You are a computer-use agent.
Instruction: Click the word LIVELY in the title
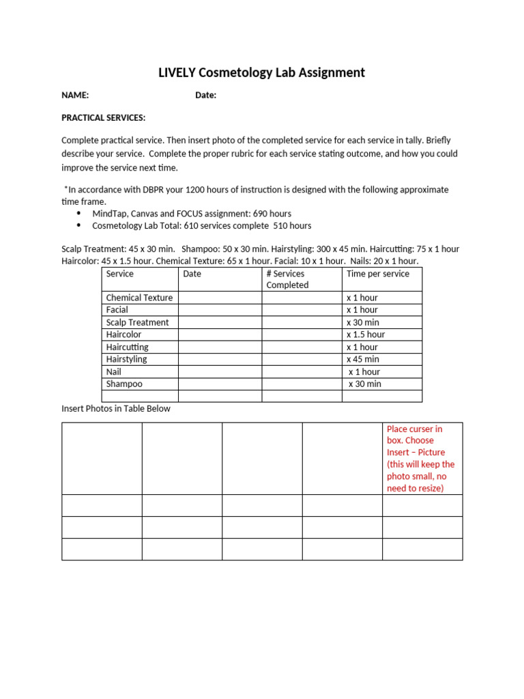[x=177, y=73]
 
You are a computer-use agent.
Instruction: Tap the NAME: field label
[x=75, y=96]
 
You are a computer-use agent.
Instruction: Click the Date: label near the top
[x=205, y=96]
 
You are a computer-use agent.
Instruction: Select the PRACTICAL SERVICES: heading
[x=103, y=117]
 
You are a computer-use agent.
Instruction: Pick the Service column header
[x=120, y=274]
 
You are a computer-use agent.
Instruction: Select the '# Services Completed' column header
[x=287, y=279]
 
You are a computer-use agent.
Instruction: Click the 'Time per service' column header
[x=378, y=274]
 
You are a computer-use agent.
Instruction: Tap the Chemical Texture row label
[x=139, y=298]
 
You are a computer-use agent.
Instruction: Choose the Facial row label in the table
[x=117, y=310]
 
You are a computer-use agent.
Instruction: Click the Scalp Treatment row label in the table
[x=137, y=322]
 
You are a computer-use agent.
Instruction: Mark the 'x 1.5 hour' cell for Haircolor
[x=366, y=334]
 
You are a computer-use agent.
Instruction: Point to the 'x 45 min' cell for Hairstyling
[x=363, y=359]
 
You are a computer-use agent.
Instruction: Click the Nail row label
[x=114, y=372]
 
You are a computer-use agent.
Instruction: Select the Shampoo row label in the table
[x=124, y=384]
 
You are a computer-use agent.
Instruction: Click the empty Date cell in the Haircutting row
[x=220, y=347]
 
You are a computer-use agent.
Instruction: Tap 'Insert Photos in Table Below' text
[x=116, y=409]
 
